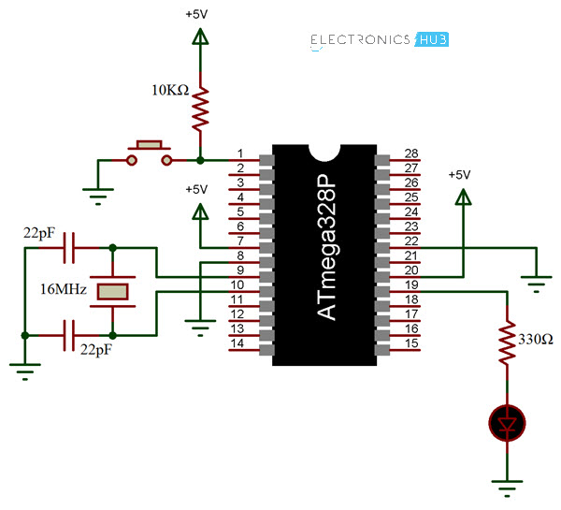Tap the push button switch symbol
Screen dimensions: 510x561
150,154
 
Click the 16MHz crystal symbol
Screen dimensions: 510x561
113,291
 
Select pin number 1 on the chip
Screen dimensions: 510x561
240,153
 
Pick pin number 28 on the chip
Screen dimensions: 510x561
410,153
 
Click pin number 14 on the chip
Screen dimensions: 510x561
240,343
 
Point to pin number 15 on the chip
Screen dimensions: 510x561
410,343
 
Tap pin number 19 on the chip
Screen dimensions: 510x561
410,284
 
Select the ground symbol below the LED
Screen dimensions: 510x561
506,486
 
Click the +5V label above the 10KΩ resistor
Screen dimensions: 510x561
198,16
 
